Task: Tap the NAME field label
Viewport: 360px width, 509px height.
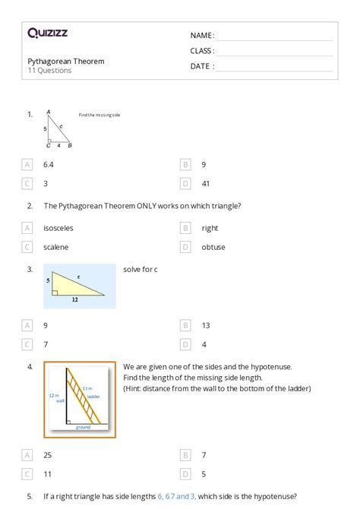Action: coord(202,36)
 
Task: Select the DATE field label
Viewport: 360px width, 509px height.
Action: coord(202,66)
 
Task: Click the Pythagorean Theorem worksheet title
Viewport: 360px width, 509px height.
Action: coord(66,61)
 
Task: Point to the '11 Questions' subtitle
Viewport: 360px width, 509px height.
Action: coord(50,71)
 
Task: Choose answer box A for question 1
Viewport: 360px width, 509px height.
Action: coord(28,164)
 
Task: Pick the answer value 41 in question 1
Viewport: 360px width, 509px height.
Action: coord(206,183)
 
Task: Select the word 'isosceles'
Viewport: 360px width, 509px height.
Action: coord(58,228)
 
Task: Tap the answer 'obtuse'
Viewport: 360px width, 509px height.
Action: coord(213,247)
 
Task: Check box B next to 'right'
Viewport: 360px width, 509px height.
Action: coord(185,228)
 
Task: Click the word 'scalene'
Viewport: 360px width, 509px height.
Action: coord(55,247)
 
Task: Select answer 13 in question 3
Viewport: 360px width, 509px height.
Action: coord(206,325)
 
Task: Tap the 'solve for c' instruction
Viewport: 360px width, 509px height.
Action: coord(141,269)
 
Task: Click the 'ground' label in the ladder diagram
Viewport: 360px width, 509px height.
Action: coord(83,427)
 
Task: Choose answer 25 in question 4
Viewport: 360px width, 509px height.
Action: coord(47,455)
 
